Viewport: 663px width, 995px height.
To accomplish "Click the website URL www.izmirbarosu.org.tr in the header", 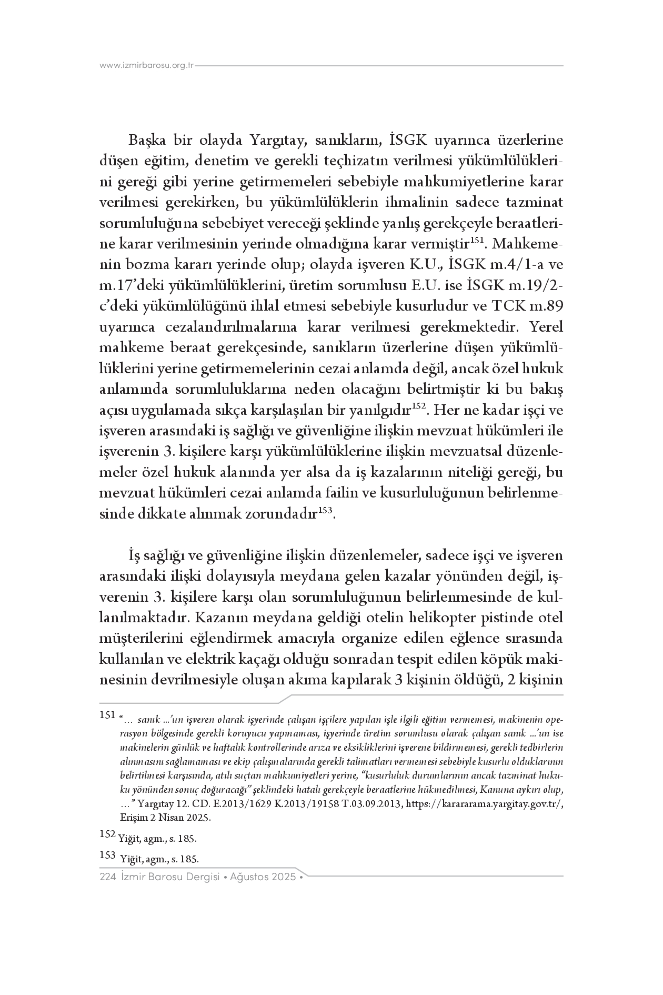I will [147, 66].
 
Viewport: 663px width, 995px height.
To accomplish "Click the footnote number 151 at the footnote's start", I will [107, 715].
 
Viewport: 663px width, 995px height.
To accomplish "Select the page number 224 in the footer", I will [107, 877].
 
